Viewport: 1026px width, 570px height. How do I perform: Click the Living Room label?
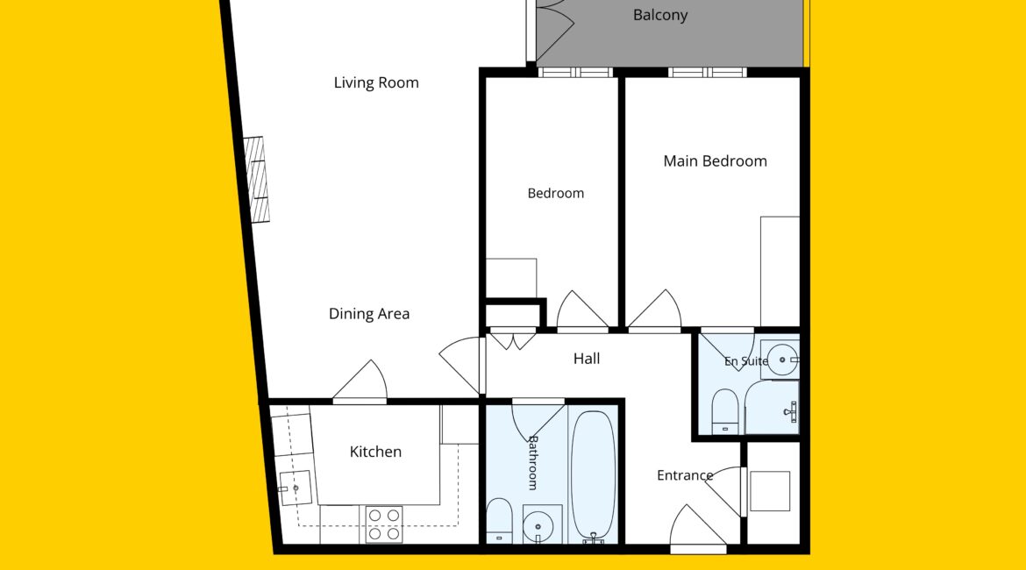click(376, 83)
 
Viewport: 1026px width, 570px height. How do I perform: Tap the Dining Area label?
click(369, 314)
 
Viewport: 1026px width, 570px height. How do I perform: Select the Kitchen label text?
click(375, 452)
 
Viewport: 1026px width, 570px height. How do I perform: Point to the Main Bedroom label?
click(716, 161)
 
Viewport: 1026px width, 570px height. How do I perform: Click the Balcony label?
click(660, 15)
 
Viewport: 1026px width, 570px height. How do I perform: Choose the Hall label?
click(587, 359)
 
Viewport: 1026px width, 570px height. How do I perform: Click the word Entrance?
click(684, 475)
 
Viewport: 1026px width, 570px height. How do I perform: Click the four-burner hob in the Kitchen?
click(383, 524)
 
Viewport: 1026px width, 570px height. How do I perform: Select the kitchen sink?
click(296, 488)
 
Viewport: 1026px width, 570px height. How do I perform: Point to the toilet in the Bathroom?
click(499, 521)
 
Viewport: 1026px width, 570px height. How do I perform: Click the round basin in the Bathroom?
click(538, 525)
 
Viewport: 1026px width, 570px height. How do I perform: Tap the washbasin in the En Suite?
click(781, 360)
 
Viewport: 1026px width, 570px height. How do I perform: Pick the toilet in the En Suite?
click(724, 411)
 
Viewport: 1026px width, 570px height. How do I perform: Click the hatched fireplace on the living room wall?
click(257, 179)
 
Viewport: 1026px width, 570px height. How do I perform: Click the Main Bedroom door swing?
click(654, 310)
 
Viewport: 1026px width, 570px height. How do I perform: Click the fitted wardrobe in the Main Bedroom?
click(780, 271)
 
